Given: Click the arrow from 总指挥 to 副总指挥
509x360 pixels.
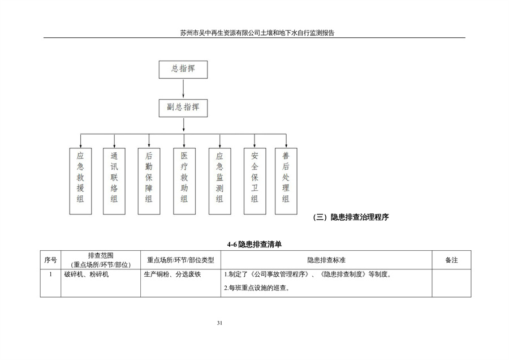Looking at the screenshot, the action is [183, 88].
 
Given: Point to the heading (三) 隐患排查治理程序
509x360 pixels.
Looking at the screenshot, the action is [351, 217].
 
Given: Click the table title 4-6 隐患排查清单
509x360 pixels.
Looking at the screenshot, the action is [254, 245].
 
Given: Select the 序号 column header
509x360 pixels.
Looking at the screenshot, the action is [50, 260].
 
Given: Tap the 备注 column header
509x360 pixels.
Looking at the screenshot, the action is [451, 260].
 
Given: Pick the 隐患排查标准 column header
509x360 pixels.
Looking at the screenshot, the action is [326, 260].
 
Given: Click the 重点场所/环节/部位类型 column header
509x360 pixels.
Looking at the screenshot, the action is [180, 260].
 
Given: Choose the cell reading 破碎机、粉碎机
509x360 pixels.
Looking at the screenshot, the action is [87, 274].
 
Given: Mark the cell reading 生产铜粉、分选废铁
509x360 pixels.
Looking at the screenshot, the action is [172, 274].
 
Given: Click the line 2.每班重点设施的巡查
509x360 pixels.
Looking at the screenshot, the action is [257, 288].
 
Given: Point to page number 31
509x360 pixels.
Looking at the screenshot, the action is [220, 323].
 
